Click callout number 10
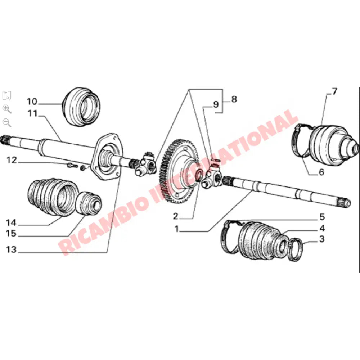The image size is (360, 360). (32, 101)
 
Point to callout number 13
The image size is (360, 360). (11, 250)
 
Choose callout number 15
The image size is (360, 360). (11, 234)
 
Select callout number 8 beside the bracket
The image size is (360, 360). (234, 99)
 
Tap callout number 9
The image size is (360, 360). (216, 105)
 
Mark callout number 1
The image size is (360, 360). (177, 229)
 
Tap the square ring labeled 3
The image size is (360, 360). (296, 249)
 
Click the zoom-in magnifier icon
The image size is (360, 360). (6, 109)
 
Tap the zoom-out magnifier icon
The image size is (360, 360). (6, 122)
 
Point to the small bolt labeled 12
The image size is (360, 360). (70, 166)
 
